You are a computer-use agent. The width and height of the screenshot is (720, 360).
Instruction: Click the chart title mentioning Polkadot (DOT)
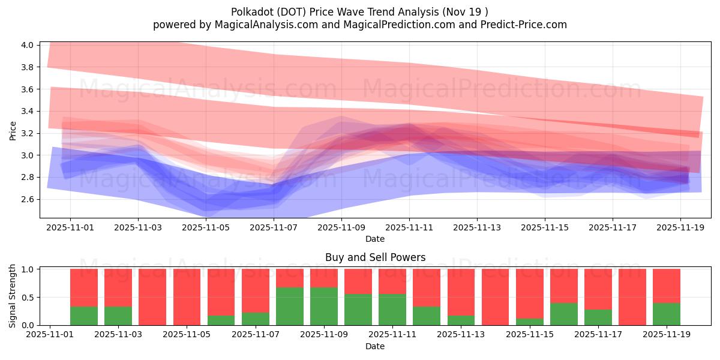[x=360, y=11]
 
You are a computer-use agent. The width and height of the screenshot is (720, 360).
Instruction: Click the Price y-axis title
[x=13, y=130]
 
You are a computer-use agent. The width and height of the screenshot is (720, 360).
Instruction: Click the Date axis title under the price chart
[x=375, y=239]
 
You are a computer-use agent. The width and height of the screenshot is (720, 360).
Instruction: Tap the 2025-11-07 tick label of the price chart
[x=274, y=227]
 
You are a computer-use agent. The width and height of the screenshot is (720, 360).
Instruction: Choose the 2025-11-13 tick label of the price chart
[x=478, y=227]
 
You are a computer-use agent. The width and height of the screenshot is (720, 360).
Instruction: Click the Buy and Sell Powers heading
[x=375, y=257]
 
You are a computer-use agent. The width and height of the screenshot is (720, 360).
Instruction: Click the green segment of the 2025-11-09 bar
[x=324, y=306]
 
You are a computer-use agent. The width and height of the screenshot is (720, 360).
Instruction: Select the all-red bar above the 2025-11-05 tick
[x=187, y=297]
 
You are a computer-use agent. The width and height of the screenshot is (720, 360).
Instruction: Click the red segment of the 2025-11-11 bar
[x=392, y=281]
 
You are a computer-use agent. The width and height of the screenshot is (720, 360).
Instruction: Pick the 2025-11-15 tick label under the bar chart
[x=529, y=335]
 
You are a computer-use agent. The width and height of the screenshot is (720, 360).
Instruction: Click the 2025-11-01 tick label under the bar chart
[x=50, y=335]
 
